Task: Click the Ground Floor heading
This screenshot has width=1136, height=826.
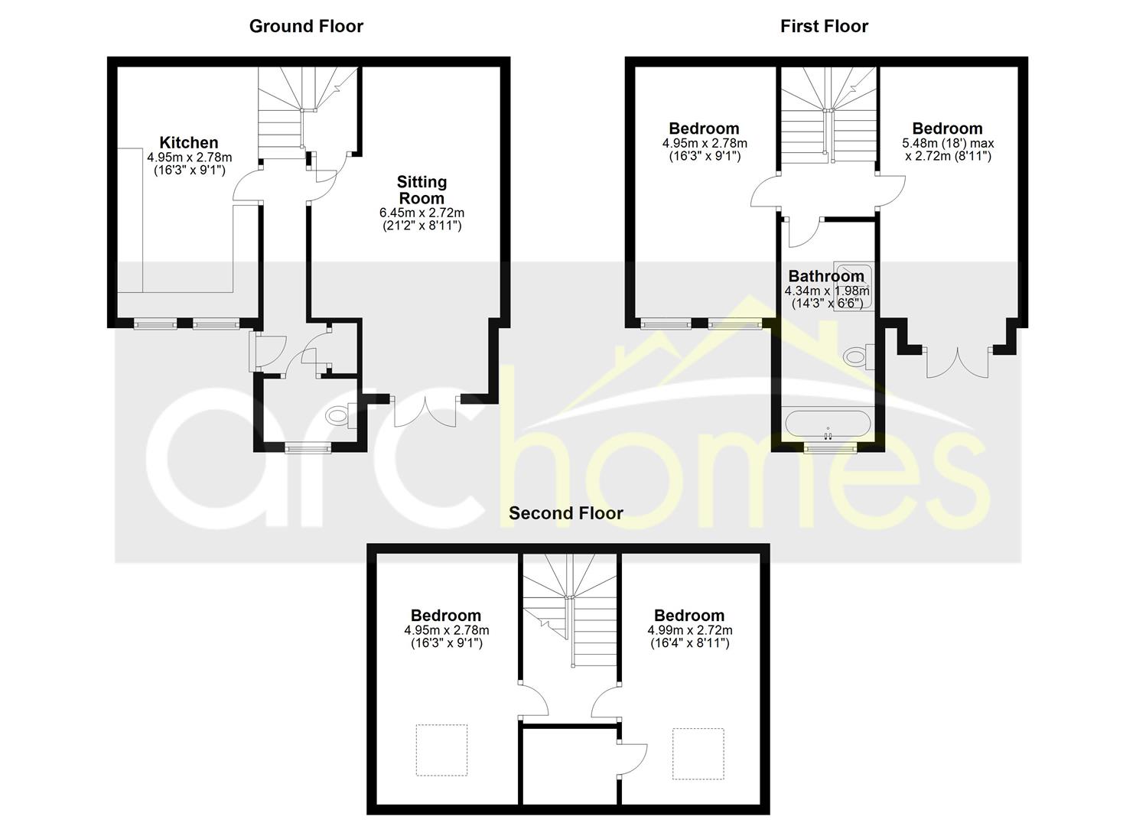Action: coord(306,26)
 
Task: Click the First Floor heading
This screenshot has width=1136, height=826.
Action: coord(824,26)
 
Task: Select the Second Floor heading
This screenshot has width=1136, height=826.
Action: coord(566,513)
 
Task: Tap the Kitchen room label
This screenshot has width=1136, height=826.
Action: coord(189,142)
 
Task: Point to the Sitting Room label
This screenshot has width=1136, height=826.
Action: coord(422,190)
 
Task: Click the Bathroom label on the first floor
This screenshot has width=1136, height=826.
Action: coord(826,276)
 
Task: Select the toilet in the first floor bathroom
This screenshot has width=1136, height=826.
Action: coord(860,356)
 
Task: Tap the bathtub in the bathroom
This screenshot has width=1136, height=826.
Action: coord(827,424)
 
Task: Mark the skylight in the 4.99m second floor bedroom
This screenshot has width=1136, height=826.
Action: coord(698,753)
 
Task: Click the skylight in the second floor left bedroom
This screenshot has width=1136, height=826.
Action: coord(441,750)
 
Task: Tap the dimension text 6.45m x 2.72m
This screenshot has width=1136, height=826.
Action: coord(422,213)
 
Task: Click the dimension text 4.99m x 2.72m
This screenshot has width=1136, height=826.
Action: coord(689,630)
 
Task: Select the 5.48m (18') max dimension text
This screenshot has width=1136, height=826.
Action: coord(948,143)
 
